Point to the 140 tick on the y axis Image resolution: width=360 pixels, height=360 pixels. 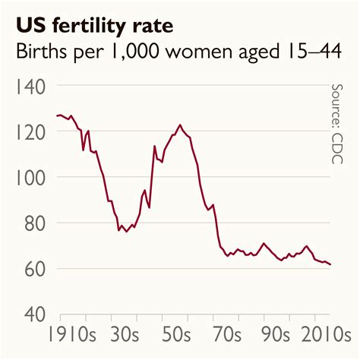click(33, 87)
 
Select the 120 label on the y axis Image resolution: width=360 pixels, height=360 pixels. click(33, 132)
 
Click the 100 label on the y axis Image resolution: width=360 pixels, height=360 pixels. click(33, 178)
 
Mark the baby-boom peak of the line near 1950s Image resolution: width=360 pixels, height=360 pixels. click(180, 125)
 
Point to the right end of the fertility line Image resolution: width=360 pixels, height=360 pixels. click(330, 264)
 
